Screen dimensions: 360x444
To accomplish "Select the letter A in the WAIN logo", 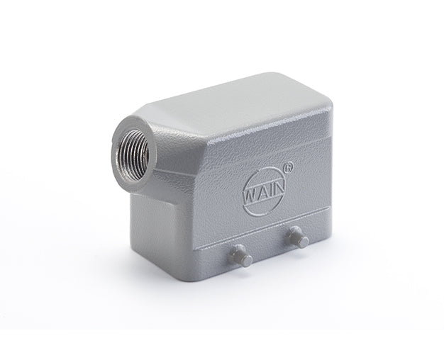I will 262,191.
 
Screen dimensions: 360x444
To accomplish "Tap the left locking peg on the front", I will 242,255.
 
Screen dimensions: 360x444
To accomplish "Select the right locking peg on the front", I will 299,239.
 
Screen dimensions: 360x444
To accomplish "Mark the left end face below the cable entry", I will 152,213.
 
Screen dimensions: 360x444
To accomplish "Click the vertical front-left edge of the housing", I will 195,227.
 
